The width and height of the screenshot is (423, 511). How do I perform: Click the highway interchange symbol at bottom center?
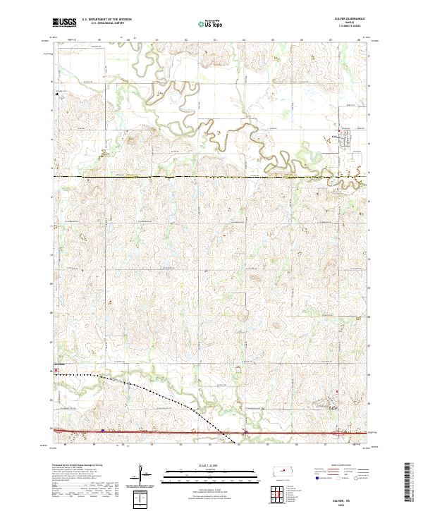click(x=245, y=431)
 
